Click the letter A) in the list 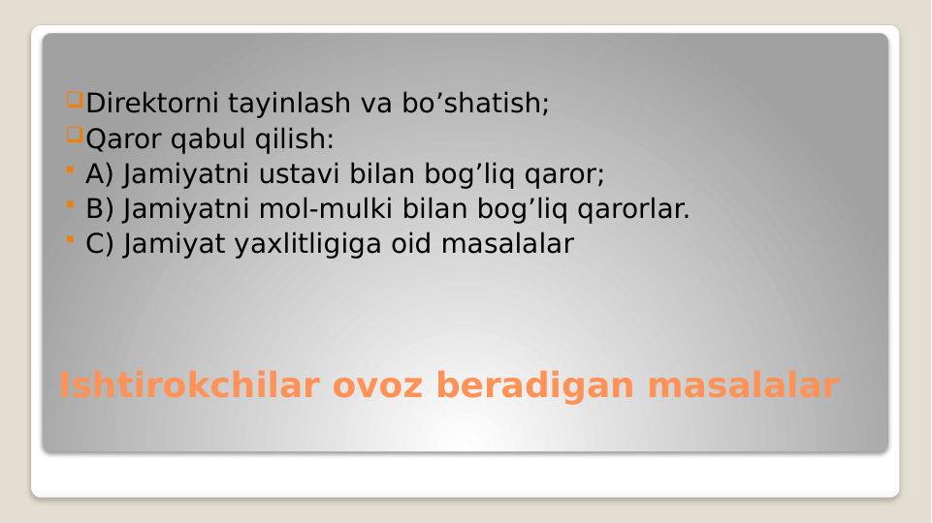point(101,174)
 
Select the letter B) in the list point(101,209)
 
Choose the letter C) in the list point(101,244)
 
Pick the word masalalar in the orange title point(742,385)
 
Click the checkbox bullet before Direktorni point(75,100)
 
